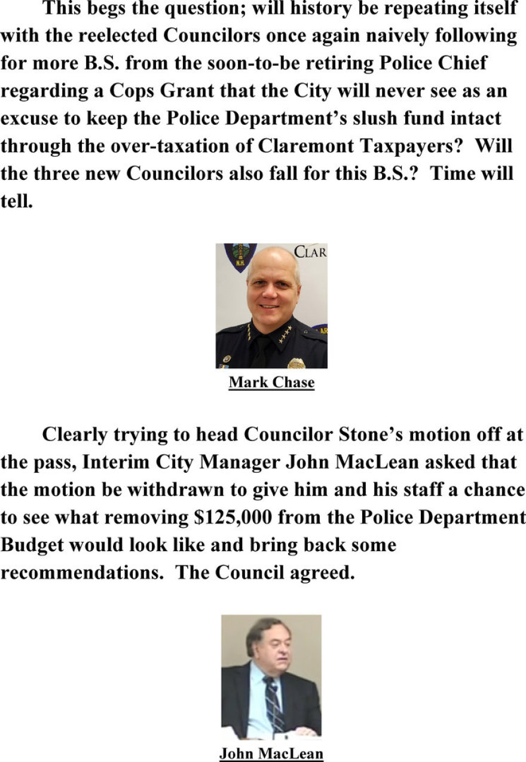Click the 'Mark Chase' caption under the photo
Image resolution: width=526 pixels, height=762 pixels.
(271, 382)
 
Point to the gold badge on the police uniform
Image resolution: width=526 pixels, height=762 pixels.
(296, 362)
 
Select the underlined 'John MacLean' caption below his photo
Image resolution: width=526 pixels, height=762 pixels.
(271, 754)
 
